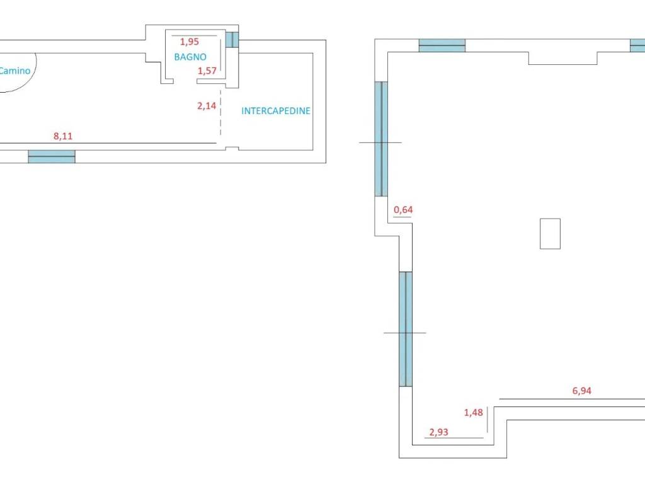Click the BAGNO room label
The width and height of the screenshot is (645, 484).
point(190,57)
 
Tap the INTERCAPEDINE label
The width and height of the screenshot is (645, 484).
point(276,111)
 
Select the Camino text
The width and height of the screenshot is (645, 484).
point(15,71)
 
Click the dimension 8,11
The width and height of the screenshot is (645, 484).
point(63,136)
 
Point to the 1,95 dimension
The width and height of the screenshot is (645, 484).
point(190,42)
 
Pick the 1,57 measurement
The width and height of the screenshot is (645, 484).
point(207,71)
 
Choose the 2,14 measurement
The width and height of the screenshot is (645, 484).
point(207,106)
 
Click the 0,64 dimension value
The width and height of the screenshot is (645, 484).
point(403,209)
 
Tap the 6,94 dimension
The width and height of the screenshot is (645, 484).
point(581,391)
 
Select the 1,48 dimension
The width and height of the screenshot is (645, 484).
point(474,412)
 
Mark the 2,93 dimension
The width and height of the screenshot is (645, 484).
point(438,432)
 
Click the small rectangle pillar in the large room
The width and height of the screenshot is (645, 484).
point(550,234)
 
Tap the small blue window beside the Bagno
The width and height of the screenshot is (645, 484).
point(232,40)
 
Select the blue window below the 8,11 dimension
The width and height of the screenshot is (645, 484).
point(52,157)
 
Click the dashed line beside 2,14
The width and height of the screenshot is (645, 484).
point(220,112)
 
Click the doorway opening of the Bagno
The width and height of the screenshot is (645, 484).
point(185,81)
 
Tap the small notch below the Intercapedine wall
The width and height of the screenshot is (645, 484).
point(232,148)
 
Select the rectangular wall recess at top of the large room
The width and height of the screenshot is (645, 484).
point(562,58)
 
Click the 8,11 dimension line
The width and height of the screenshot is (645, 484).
point(108,143)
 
